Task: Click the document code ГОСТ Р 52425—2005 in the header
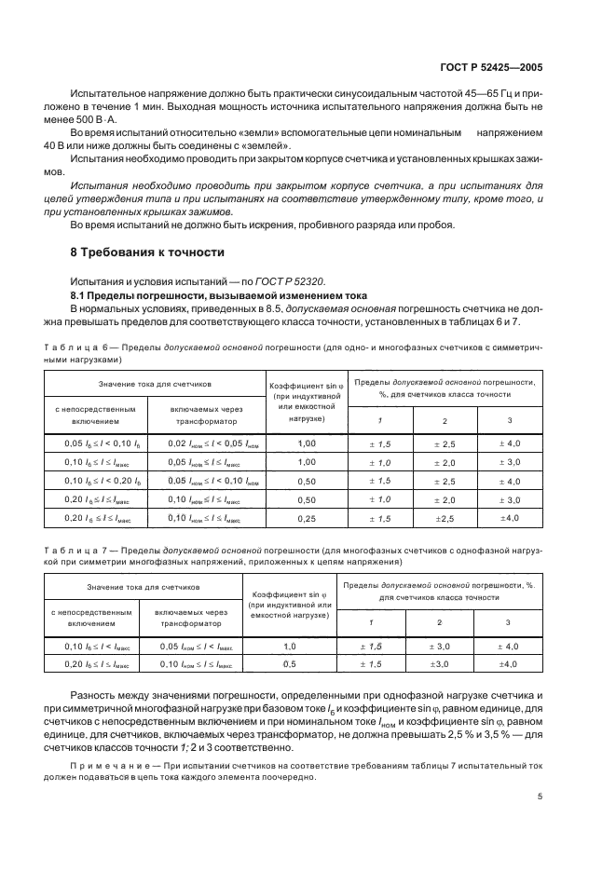[x=490, y=68]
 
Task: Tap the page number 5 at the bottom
[x=541, y=797]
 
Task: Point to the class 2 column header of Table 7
[x=439, y=621]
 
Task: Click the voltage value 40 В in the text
[x=56, y=146]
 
